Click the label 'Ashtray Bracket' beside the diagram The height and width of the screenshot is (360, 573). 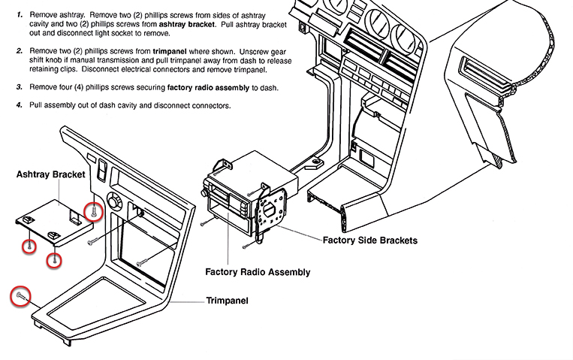tap(50, 174)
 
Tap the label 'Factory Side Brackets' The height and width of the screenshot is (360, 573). tap(369, 241)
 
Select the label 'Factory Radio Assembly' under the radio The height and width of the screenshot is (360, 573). tap(258, 272)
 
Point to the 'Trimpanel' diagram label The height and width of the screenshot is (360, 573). tap(227, 301)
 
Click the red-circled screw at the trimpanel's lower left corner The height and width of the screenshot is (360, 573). tap(20, 297)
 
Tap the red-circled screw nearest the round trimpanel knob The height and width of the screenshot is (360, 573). tap(93, 212)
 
